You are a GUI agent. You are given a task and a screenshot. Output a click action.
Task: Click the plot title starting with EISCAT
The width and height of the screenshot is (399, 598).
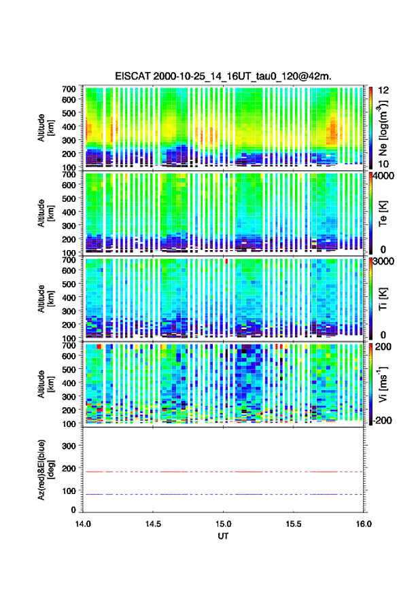223,76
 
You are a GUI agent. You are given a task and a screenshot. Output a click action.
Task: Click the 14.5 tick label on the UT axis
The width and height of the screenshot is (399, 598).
153,524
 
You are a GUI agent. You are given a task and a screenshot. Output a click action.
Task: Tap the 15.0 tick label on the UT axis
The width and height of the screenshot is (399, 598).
223,524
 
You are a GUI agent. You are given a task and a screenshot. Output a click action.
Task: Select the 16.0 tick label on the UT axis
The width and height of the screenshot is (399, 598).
364,524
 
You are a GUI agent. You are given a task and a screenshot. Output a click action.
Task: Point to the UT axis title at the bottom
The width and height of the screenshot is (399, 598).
223,536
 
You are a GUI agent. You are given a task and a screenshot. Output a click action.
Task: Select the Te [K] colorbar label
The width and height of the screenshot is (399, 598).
383,214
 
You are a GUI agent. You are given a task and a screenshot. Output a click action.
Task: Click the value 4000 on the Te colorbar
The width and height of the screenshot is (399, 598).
384,177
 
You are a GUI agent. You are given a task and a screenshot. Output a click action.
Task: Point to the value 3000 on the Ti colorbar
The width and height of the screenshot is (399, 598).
384,262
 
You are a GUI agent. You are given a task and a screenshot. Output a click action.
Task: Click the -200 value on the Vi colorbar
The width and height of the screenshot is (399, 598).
382,420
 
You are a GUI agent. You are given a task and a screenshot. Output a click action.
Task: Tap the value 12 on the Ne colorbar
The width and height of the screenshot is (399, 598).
384,90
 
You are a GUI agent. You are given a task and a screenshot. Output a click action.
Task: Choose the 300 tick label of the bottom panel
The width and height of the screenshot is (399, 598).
69,446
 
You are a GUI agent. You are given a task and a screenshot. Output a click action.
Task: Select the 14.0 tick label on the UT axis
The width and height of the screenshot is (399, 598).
83,524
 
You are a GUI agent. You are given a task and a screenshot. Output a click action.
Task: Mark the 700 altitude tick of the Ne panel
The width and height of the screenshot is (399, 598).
69,88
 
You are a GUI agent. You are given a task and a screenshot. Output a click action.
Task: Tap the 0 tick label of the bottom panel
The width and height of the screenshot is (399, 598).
73,510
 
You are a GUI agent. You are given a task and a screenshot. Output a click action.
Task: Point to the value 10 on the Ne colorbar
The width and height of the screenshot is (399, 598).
384,164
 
